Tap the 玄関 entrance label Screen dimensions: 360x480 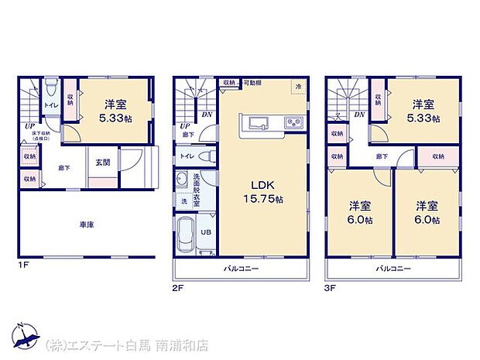point(102,162)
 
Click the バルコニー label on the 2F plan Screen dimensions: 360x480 point(242,268)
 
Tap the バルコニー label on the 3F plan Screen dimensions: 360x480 point(393,268)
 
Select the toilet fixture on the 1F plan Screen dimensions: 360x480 point(50,86)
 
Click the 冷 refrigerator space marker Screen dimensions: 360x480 point(298,87)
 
